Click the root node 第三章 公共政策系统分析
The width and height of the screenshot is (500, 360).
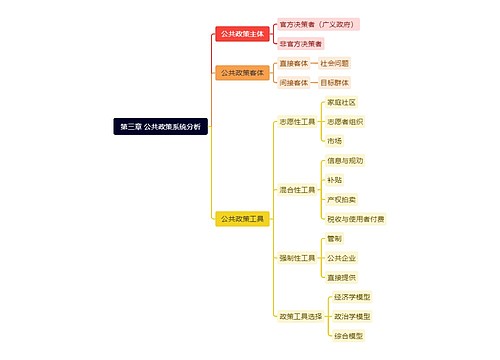(x=160, y=127)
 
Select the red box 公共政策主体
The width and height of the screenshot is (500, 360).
(x=242, y=33)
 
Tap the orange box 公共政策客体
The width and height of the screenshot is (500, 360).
(x=242, y=72)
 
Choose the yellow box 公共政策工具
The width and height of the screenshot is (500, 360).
(x=242, y=218)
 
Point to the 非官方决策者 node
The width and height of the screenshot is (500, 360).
(x=301, y=44)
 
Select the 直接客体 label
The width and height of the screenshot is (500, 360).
(x=294, y=63)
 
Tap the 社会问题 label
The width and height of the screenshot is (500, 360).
(x=336, y=63)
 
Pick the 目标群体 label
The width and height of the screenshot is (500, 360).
(x=336, y=82)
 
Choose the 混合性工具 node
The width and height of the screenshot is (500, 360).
(x=297, y=188)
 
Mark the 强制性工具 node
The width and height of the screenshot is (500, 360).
(x=297, y=257)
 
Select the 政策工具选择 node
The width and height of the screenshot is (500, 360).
(x=300, y=315)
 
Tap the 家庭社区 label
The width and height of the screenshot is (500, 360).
(x=341, y=102)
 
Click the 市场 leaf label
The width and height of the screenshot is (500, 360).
(x=334, y=140)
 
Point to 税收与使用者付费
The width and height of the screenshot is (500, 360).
(x=355, y=218)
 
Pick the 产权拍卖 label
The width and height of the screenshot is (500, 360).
(x=341, y=198)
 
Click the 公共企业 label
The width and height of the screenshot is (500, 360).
(x=341, y=257)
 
